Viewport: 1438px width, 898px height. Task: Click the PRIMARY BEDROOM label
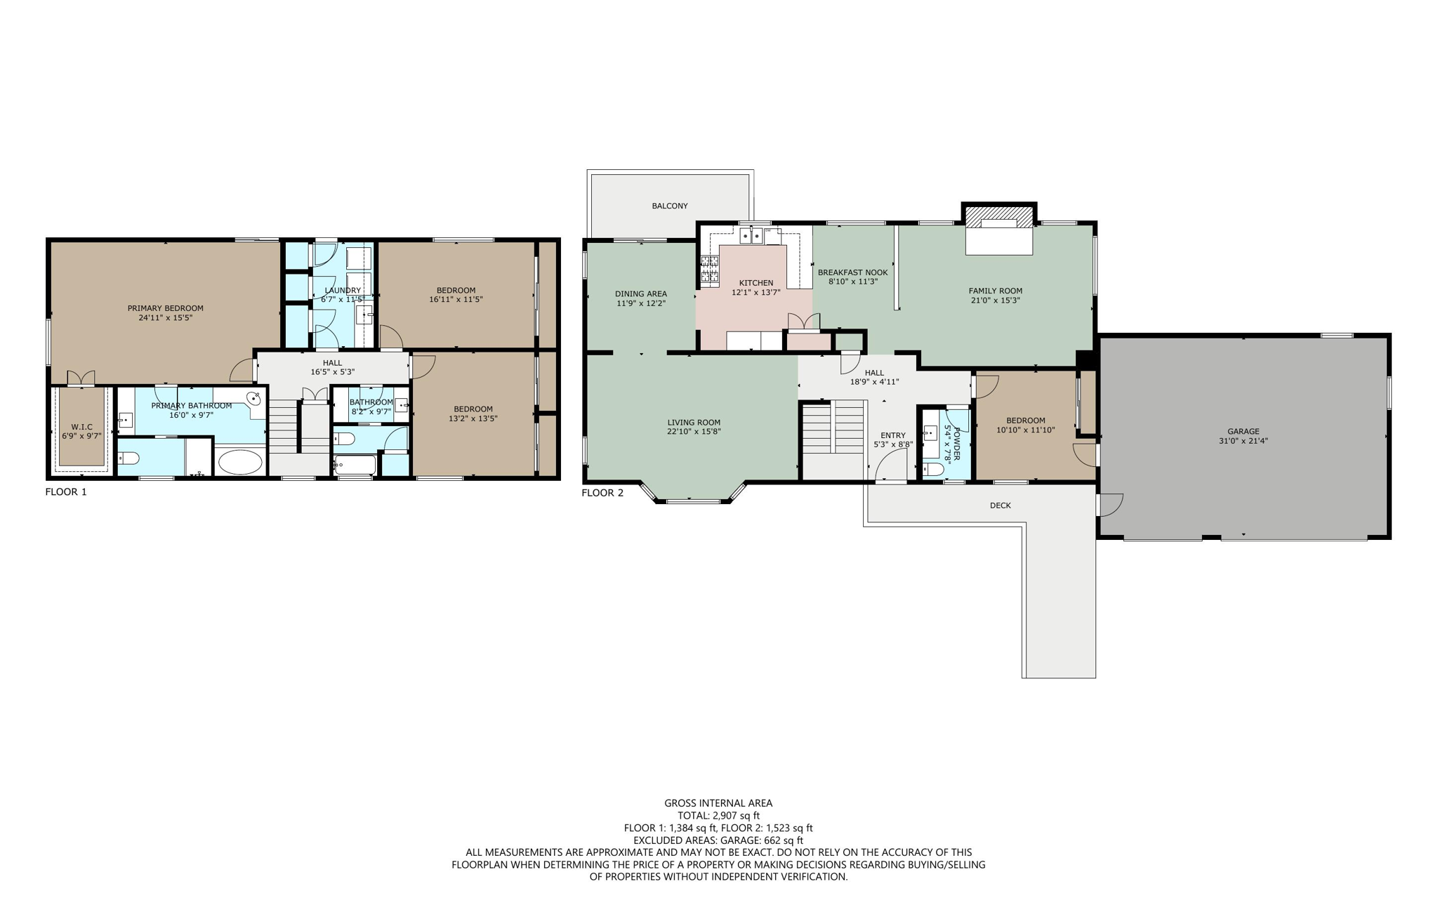point(165,308)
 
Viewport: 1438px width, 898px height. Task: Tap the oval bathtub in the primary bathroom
point(240,462)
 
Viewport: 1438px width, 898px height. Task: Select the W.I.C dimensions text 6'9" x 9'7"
point(81,436)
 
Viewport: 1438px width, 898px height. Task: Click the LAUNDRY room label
point(343,290)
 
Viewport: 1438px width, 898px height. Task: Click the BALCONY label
point(669,206)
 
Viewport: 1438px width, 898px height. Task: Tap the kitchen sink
point(751,235)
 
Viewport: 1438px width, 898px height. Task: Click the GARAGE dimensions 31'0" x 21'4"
point(1243,441)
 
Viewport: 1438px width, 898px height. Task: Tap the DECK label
point(1000,506)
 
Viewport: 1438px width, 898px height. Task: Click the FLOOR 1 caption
point(66,491)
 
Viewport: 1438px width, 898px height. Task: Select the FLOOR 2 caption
point(602,493)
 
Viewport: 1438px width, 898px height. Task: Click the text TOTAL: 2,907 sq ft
point(718,815)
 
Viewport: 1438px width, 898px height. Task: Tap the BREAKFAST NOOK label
point(852,272)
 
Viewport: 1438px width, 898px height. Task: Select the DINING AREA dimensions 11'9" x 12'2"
point(640,303)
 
